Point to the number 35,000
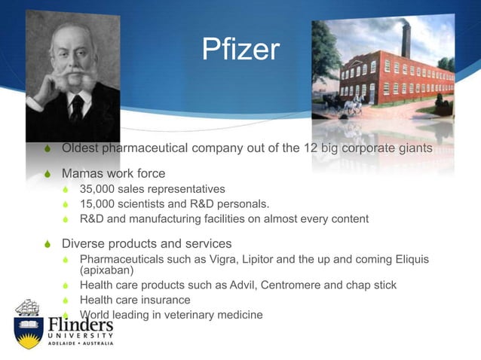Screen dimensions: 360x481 [100, 189]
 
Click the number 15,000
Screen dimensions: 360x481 [100, 204]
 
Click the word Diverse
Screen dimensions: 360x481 [84, 244]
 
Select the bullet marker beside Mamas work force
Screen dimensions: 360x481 [47, 174]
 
